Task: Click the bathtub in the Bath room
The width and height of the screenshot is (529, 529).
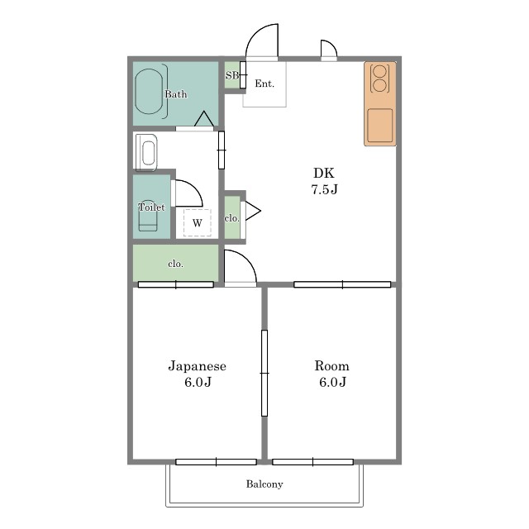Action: pos(149,92)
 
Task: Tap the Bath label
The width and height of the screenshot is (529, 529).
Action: pos(176,94)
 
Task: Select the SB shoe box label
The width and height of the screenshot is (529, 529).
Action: pos(232,75)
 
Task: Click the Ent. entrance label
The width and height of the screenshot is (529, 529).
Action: pos(264,83)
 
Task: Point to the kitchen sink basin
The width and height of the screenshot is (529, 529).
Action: pos(380,125)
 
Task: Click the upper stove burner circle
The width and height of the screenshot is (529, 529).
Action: pos(379,72)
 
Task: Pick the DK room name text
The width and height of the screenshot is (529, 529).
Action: pos(324,173)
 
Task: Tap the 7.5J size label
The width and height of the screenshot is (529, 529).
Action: pos(324,189)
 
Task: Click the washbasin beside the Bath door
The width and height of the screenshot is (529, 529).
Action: pos(146,152)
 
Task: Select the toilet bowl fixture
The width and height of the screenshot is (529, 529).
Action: pos(148,217)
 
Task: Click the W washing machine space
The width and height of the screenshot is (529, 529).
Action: pos(198,222)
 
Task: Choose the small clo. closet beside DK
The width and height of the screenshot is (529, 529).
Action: pos(232,217)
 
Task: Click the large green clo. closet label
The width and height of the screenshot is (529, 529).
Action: pos(176,264)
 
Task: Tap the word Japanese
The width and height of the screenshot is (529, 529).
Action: pos(198,366)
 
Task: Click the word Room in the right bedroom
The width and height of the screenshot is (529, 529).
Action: pos(332,366)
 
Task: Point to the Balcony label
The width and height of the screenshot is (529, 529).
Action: pos(264,484)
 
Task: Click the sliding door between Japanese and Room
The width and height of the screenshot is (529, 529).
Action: pos(264,373)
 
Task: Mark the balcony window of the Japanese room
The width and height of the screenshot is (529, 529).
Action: pos(217,462)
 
